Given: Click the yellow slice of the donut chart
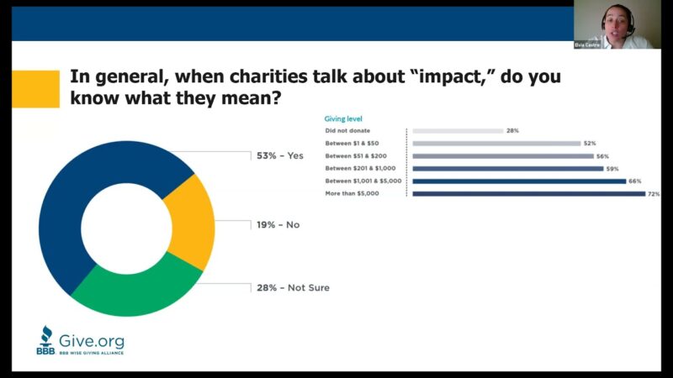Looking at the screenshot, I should pos(191,220).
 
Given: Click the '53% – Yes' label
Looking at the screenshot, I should pos(281,155).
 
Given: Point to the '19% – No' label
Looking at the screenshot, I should pos(278,225).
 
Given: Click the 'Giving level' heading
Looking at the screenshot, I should pos(344,119).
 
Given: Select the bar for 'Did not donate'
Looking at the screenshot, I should pos(458,131).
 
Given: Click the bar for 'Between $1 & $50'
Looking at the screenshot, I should pos(496,144).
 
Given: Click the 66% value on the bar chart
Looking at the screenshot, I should pos(635,181).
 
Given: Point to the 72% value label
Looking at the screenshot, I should pos(653,194).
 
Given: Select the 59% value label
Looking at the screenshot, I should pos(612,169).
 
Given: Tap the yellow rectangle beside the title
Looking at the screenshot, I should pos(36,88).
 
